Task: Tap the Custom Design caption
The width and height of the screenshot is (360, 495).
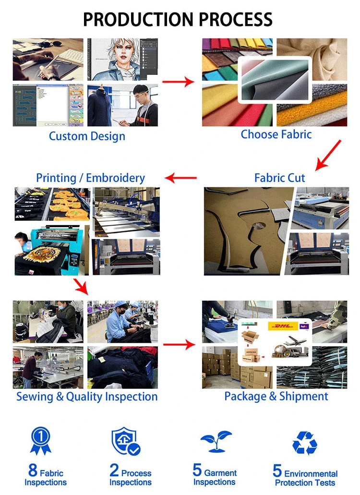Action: pyautogui.click(x=87, y=136)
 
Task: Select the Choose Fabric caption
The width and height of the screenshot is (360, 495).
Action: pyautogui.click(x=276, y=134)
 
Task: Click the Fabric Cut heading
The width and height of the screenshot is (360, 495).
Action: pyautogui.click(x=279, y=178)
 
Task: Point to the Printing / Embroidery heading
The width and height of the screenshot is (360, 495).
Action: pyautogui.click(x=90, y=178)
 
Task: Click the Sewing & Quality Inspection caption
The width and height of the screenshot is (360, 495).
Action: pyautogui.click(x=87, y=397)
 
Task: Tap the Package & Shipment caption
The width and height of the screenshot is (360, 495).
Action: pyautogui.click(x=276, y=397)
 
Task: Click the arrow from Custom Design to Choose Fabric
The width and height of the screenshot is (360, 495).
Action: pyautogui.click(x=178, y=82)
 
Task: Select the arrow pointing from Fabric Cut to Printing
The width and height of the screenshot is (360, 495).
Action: pyautogui.click(x=180, y=179)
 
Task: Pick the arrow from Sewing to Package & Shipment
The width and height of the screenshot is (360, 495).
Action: pyautogui.click(x=179, y=344)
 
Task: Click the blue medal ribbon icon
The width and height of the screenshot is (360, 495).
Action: pyautogui.click(x=41, y=440)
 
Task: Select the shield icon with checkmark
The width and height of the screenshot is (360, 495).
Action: pyautogui.click(x=125, y=441)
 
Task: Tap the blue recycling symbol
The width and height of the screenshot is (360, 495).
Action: pyautogui.click(x=305, y=443)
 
